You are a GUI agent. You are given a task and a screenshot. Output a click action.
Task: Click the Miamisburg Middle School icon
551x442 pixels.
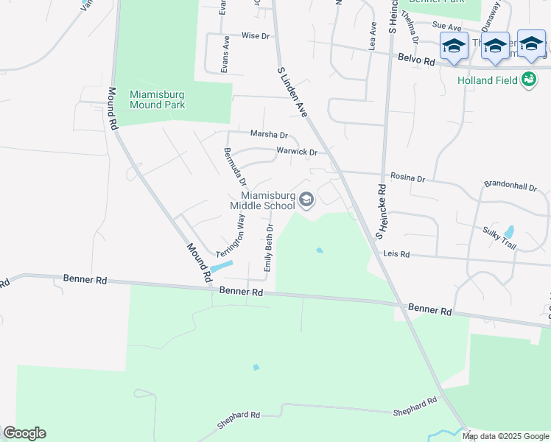[x=306, y=199]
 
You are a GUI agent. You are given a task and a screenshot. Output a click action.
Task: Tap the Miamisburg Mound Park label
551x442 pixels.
[x=157, y=99]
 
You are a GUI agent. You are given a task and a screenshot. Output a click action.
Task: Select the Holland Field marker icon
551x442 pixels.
[x=528, y=80]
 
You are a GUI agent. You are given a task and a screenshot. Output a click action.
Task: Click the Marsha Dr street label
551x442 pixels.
[x=269, y=134]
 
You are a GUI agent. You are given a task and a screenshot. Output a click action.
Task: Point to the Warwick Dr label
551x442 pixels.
[x=296, y=152]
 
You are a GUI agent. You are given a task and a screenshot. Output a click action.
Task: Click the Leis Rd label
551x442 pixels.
[x=396, y=254]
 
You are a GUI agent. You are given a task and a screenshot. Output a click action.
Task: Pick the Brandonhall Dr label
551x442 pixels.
[x=510, y=187]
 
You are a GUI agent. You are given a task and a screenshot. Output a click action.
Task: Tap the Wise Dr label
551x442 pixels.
[x=256, y=35]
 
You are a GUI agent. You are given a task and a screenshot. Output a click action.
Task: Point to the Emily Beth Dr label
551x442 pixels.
[x=268, y=248]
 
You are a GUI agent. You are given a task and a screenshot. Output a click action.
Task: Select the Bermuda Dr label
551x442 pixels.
[x=235, y=166]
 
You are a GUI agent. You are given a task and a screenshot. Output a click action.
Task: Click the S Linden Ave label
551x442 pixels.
[x=292, y=92]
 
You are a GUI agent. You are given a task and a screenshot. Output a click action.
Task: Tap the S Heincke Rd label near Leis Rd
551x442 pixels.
[x=382, y=211]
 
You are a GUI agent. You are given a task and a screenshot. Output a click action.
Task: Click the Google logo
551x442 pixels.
[x=24, y=433]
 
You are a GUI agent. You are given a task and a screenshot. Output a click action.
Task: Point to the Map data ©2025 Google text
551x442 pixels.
[x=505, y=436]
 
